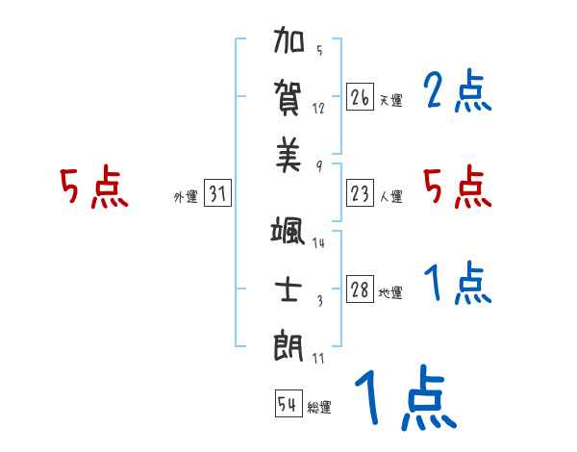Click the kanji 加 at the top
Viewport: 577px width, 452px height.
288,44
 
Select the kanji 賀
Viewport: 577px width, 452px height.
288,97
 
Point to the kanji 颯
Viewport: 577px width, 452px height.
288,234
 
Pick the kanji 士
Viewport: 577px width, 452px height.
288,289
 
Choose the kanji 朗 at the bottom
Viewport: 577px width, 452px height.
288,343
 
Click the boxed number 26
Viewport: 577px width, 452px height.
360,97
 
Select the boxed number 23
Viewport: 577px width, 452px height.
360,193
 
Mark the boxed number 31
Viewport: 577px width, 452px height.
217,194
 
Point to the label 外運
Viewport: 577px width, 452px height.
185,197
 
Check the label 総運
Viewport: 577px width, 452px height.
318,407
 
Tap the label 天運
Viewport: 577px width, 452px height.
390,100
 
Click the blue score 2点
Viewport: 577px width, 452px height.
457,93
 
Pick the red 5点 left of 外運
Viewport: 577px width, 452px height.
94,188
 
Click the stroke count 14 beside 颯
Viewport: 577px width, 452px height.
318,243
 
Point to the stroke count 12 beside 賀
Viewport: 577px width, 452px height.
318,108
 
